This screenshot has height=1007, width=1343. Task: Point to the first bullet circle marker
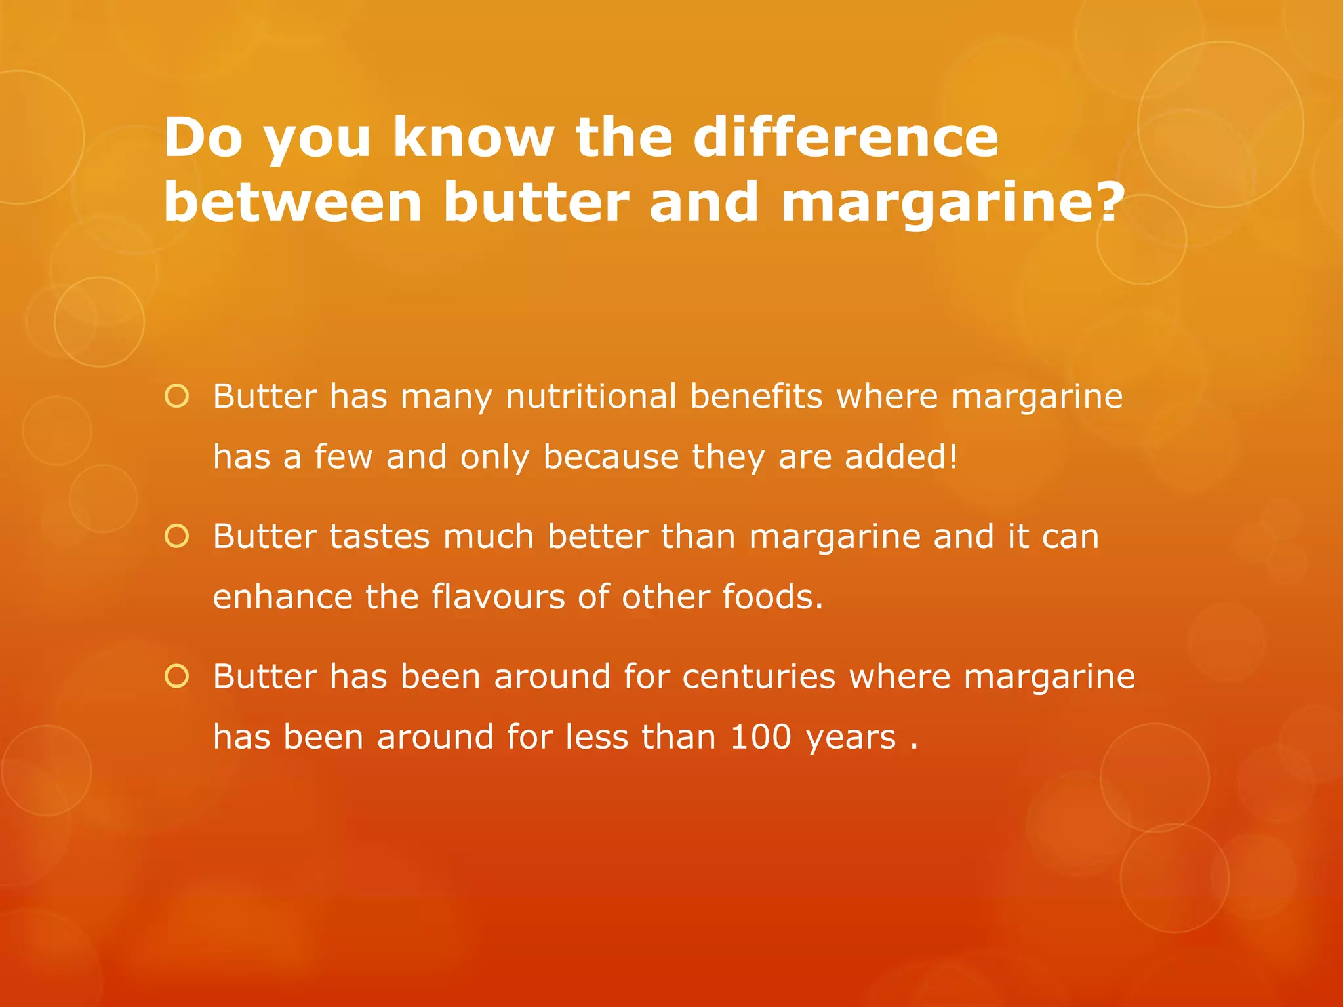point(177,396)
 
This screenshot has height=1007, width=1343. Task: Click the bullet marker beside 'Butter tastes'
point(177,536)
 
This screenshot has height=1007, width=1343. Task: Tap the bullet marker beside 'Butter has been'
point(177,676)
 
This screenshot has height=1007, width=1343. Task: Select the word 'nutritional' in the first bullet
point(591,397)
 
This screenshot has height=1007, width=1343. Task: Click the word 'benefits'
point(756,397)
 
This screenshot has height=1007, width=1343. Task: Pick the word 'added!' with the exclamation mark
point(901,456)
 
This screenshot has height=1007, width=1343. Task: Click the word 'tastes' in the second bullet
point(380,536)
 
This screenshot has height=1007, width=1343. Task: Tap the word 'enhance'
point(283,597)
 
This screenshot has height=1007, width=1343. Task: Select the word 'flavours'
point(498,597)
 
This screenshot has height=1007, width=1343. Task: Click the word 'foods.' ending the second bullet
point(772,597)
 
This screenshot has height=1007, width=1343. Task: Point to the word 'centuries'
point(759,677)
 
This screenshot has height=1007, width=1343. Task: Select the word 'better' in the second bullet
point(597,536)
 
